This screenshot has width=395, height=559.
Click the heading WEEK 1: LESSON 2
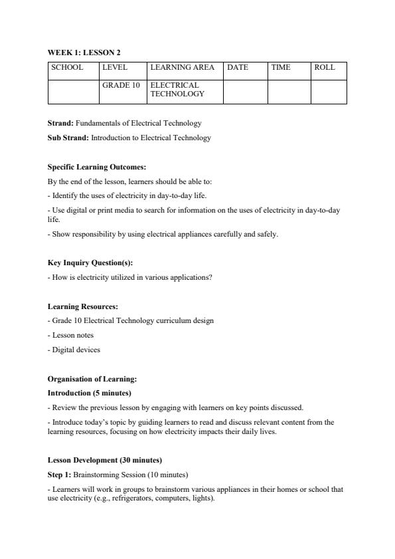[84, 53]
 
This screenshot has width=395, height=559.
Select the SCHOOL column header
[67, 68]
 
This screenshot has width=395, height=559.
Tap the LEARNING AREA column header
[182, 68]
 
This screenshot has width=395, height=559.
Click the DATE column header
[238, 68]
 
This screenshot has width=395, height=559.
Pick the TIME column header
[281, 68]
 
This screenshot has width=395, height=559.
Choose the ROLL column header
[325, 68]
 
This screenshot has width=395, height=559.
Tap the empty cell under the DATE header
[245, 92]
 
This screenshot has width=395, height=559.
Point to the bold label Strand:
[60, 123]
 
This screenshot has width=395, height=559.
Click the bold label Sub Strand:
[68, 138]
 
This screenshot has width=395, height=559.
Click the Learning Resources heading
[83, 306]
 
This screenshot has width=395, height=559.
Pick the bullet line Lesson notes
[72, 335]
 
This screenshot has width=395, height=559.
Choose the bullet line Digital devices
[74, 350]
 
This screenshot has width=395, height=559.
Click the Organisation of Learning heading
[92, 379]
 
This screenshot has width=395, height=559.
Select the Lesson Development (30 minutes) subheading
[105, 460]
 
